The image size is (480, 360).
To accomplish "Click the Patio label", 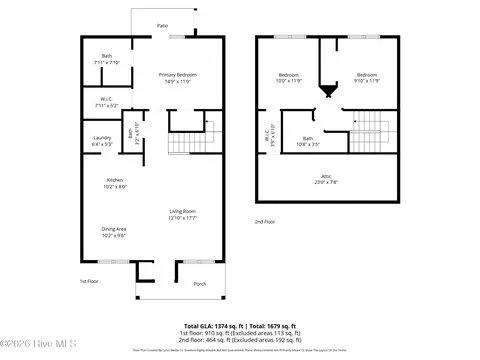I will pyautogui.click(x=161, y=26).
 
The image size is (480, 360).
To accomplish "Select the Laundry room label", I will pyautogui.click(x=101, y=140).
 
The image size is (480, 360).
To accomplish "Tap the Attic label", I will pyautogui.click(x=327, y=179).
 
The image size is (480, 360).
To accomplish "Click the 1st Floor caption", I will pyautogui.click(x=90, y=281).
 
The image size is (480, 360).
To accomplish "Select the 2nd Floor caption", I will pyautogui.click(x=264, y=222).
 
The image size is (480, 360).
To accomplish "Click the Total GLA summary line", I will pyautogui.click(x=239, y=327).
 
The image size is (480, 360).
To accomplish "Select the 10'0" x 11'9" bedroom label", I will pyautogui.click(x=288, y=78).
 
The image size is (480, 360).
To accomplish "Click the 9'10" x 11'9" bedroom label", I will pyautogui.click(x=367, y=78).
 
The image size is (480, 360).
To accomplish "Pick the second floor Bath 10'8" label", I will pyautogui.click(x=308, y=141).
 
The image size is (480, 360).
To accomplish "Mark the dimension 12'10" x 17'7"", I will pyautogui.click(x=181, y=217).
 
